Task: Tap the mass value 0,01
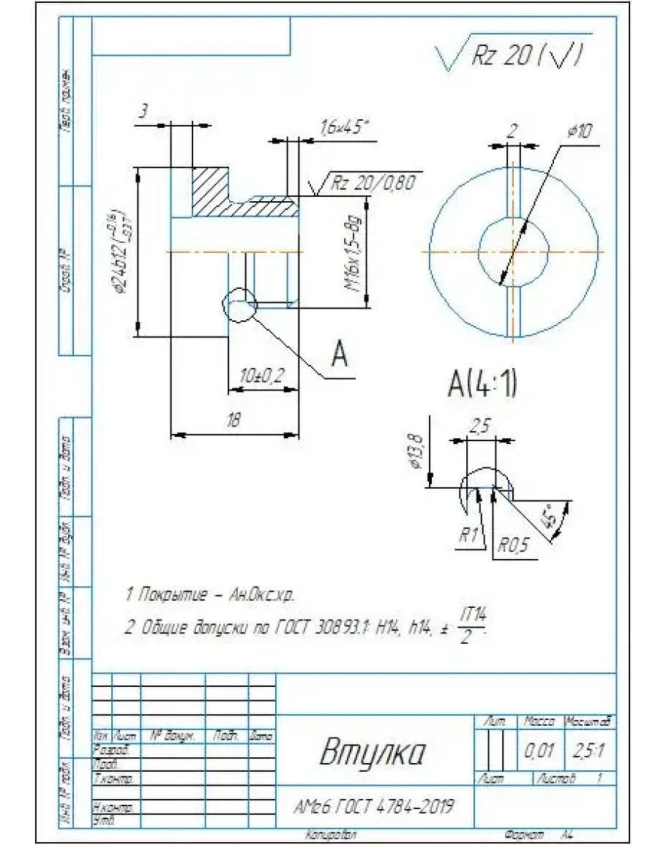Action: pos(539,751)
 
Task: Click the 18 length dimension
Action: pos(233,421)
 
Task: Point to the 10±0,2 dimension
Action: pos(261,375)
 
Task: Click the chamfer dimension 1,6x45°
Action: pos(344,127)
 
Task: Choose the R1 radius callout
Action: pos(468,535)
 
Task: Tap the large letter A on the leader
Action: pos(338,356)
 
